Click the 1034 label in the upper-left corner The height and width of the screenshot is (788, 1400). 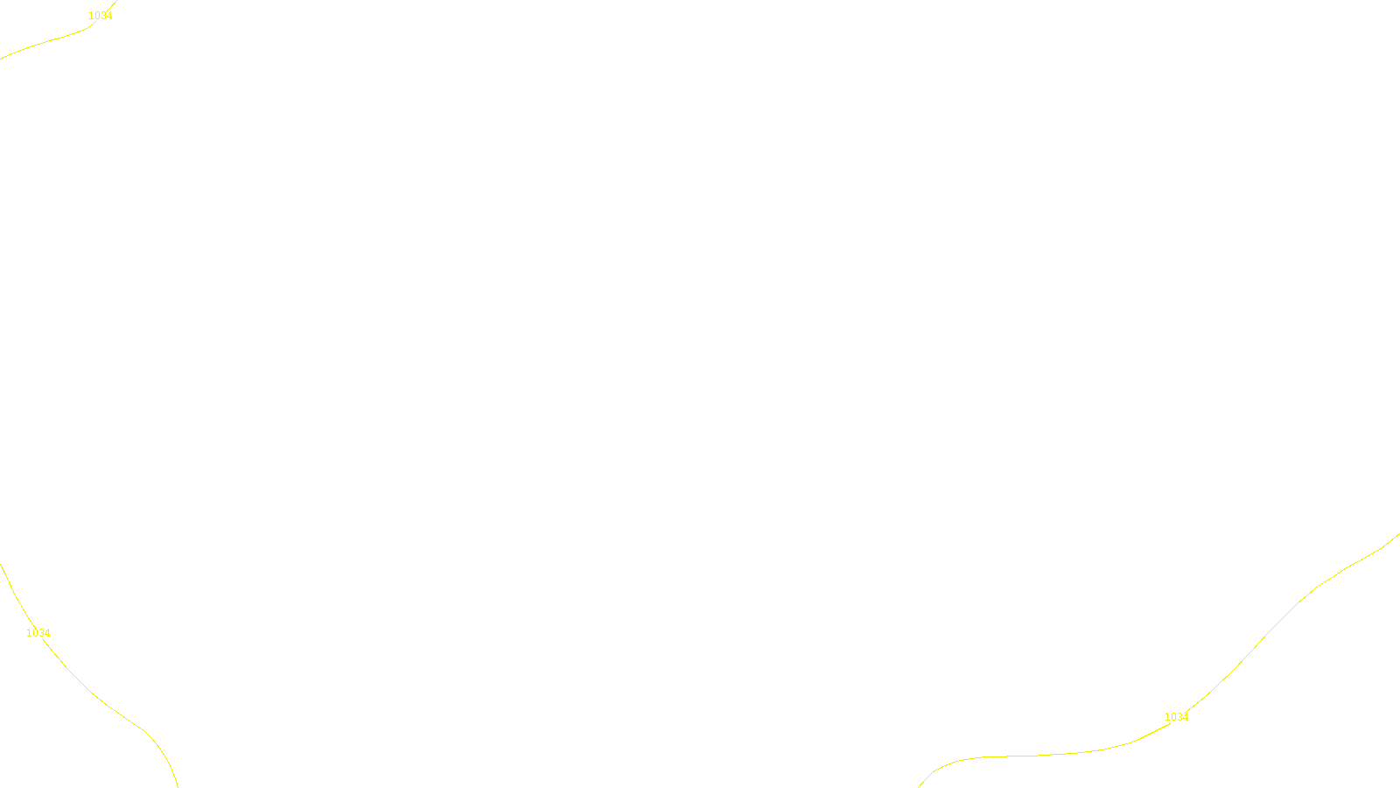[x=101, y=16]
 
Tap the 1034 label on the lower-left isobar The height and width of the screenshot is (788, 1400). [x=38, y=633]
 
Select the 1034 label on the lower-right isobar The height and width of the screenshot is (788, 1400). [x=1176, y=717]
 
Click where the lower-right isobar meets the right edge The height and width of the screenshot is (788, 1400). [x=1398, y=534]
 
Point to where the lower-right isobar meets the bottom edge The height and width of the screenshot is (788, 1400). [x=919, y=786]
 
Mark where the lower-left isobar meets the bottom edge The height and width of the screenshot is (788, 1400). [x=178, y=786]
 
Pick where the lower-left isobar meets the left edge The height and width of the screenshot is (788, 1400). [x=1, y=565]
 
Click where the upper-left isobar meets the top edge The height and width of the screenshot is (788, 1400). [x=115, y=1]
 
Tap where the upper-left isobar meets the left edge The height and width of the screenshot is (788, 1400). [x=1, y=59]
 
